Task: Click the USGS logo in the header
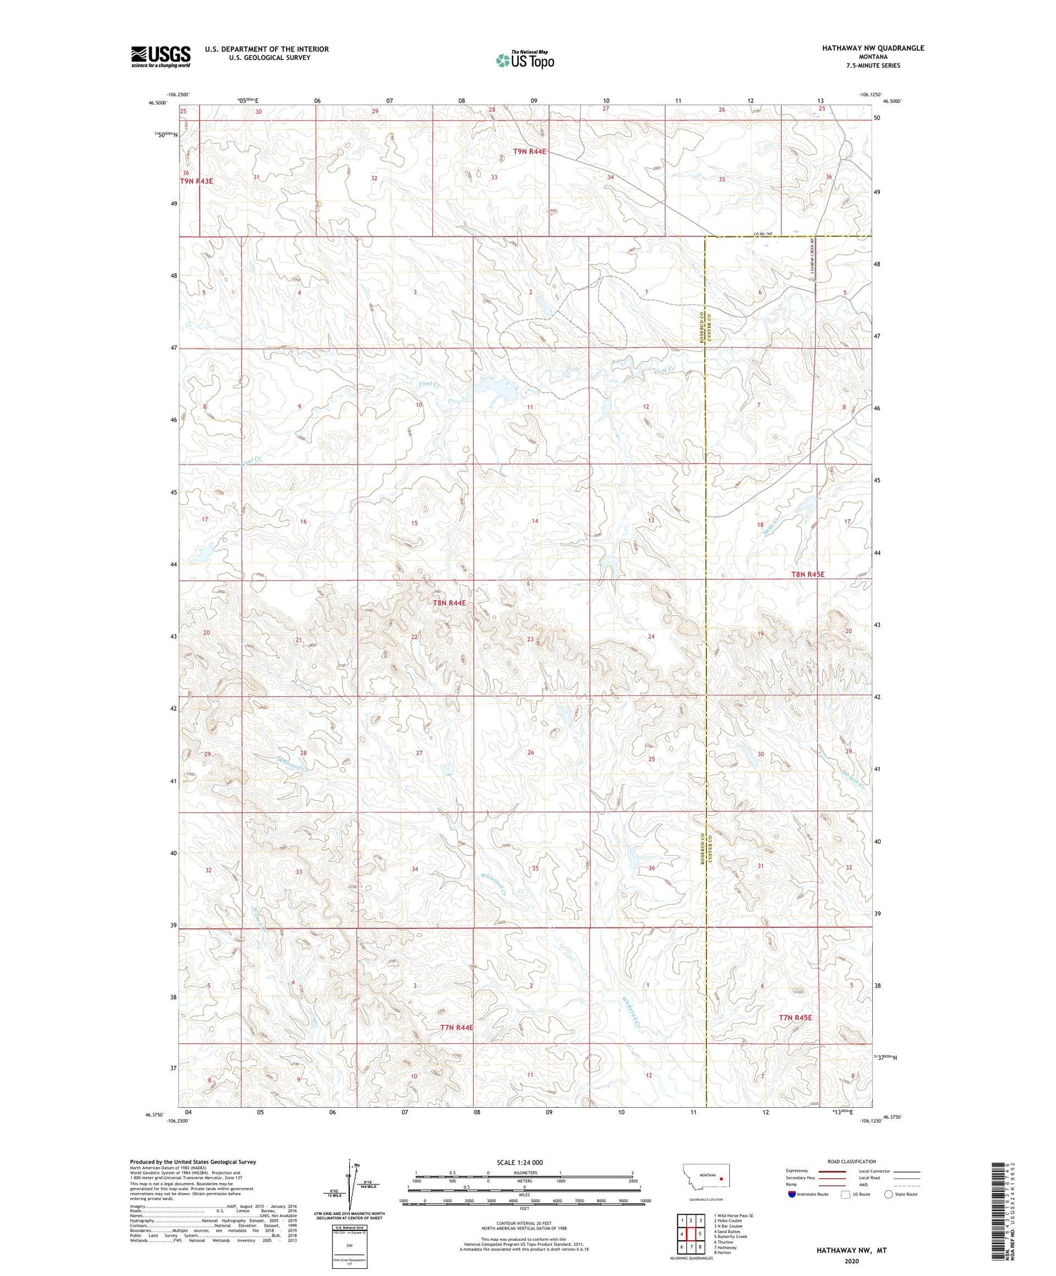click(x=161, y=56)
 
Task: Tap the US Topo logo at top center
click(x=524, y=61)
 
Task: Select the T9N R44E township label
click(x=529, y=151)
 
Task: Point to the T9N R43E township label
click(x=196, y=181)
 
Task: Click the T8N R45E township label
click(x=807, y=574)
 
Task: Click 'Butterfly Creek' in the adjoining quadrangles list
click(x=730, y=1237)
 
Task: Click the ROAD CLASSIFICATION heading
click(x=852, y=1161)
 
